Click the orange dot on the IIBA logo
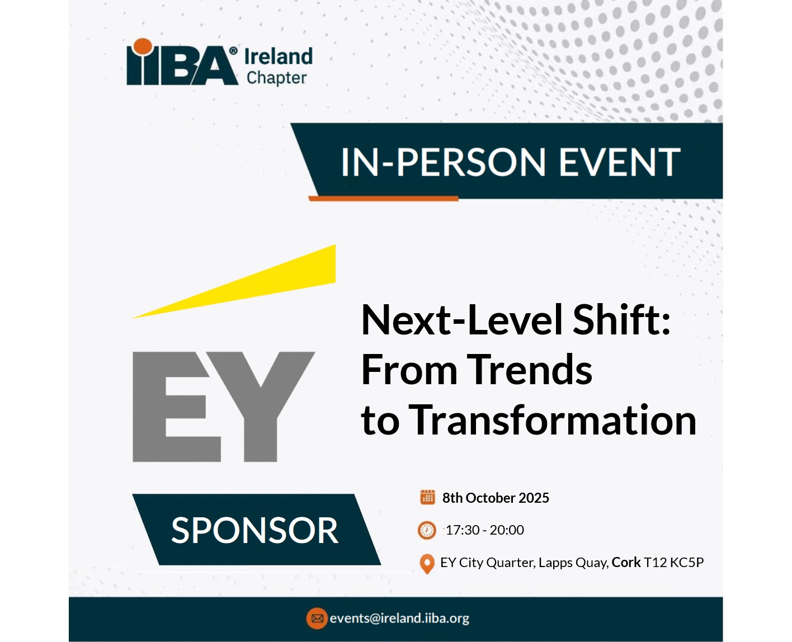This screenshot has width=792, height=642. tap(143, 46)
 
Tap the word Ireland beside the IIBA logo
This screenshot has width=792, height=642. tap(279, 57)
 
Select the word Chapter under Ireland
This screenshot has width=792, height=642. tap(277, 78)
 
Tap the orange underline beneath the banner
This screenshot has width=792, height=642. tap(384, 199)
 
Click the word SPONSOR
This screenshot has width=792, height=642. tap(255, 530)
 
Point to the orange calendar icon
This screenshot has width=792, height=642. tap(427, 497)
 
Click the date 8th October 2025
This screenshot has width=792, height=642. tap(496, 498)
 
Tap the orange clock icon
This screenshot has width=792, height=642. tap(427, 530)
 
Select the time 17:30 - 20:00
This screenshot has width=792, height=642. tap(484, 530)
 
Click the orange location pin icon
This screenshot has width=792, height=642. tap(427, 564)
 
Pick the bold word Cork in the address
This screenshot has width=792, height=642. tap(626, 563)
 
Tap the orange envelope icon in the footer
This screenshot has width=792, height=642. tap(317, 619)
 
